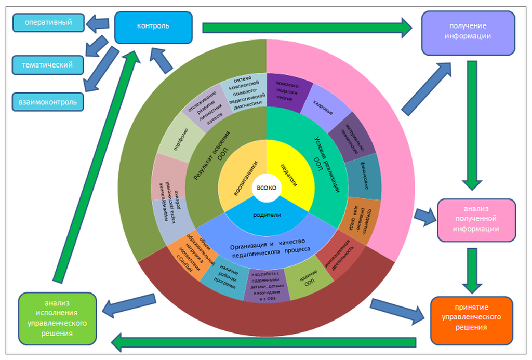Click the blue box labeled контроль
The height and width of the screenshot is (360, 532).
(x=153, y=27)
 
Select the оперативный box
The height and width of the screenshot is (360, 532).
(x=48, y=23)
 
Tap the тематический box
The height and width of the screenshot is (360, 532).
(x=48, y=65)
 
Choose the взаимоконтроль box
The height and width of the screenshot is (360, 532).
(x=48, y=102)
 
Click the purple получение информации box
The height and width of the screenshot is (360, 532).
(x=468, y=32)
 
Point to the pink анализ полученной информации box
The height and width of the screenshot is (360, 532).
(x=476, y=220)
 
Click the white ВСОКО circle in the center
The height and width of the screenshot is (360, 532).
(x=266, y=188)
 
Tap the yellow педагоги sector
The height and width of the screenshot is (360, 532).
(x=288, y=171)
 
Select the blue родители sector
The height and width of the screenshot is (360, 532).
(x=267, y=215)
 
